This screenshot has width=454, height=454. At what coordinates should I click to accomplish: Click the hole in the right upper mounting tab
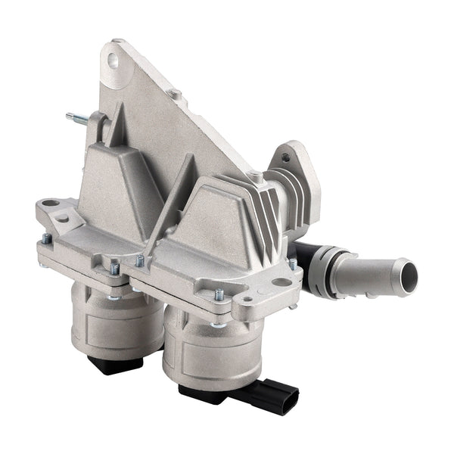[285, 158]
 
